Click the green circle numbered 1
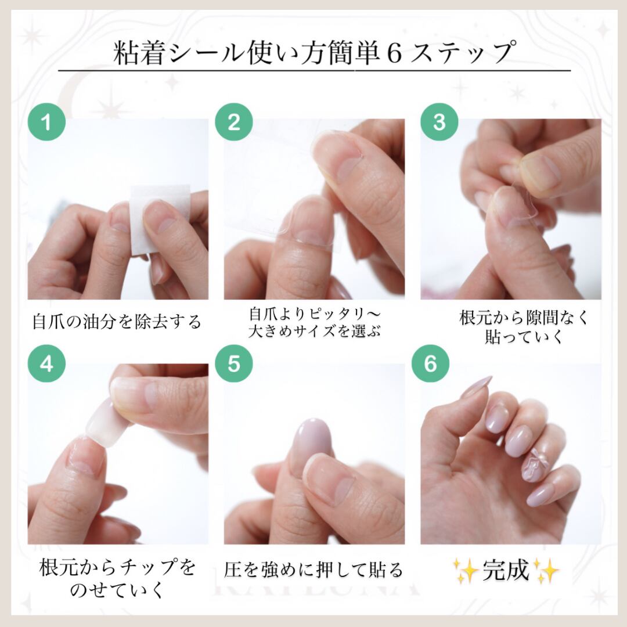click(46, 121)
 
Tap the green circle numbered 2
click(234, 121)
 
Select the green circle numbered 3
click(439, 121)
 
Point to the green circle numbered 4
click(46, 363)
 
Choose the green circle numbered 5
click(234, 363)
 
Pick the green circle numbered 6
click(430, 363)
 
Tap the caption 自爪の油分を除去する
click(116, 322)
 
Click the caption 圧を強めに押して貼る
click(313, 570)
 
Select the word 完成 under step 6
click(506, 570)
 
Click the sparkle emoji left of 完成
click(466, 570)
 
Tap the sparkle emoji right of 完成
click(546, 570)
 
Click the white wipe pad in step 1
click(160, 220)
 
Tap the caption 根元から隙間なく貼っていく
click(524, 327)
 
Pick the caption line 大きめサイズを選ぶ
click(314, 331)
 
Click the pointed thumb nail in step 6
click(476, 387)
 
